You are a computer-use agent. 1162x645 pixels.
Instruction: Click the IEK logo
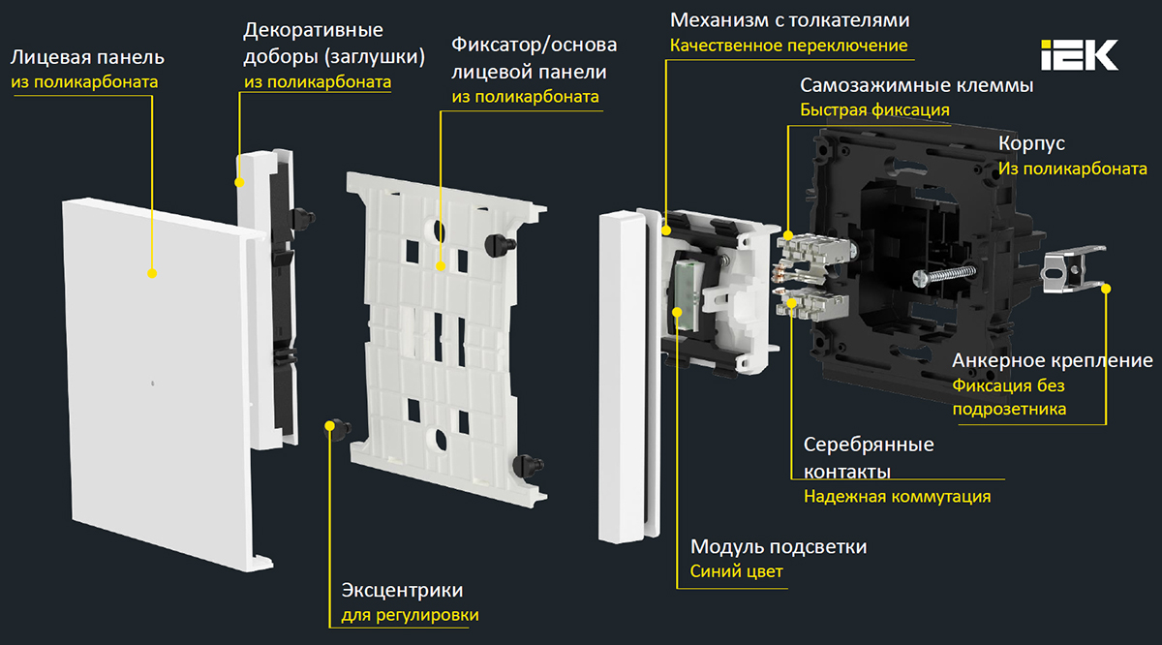point(1080,55)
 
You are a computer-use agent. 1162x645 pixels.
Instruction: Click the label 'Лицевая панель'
point(87,57)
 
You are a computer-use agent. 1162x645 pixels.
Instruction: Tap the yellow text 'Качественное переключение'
point(789,46)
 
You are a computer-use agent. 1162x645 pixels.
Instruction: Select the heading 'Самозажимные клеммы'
point(916,85)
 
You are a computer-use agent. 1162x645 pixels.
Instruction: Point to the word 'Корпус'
point(1031,143)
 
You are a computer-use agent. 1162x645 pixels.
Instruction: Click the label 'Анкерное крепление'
point(1053,360)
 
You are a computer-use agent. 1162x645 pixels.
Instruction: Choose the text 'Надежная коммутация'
point(897,497)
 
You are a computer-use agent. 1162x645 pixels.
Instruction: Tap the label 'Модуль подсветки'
point(778,547)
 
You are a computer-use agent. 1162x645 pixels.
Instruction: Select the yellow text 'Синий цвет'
point(736,571)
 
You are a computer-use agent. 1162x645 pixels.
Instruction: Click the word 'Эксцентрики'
point(402,591)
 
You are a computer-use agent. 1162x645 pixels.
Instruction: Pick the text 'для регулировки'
point(410,615)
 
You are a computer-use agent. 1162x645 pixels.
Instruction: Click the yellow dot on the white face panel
point(152,274)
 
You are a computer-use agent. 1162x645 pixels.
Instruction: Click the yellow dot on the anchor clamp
point(1106,288)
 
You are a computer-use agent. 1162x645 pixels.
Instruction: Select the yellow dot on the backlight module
point(677,311)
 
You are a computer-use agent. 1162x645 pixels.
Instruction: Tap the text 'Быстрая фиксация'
point(874,110)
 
